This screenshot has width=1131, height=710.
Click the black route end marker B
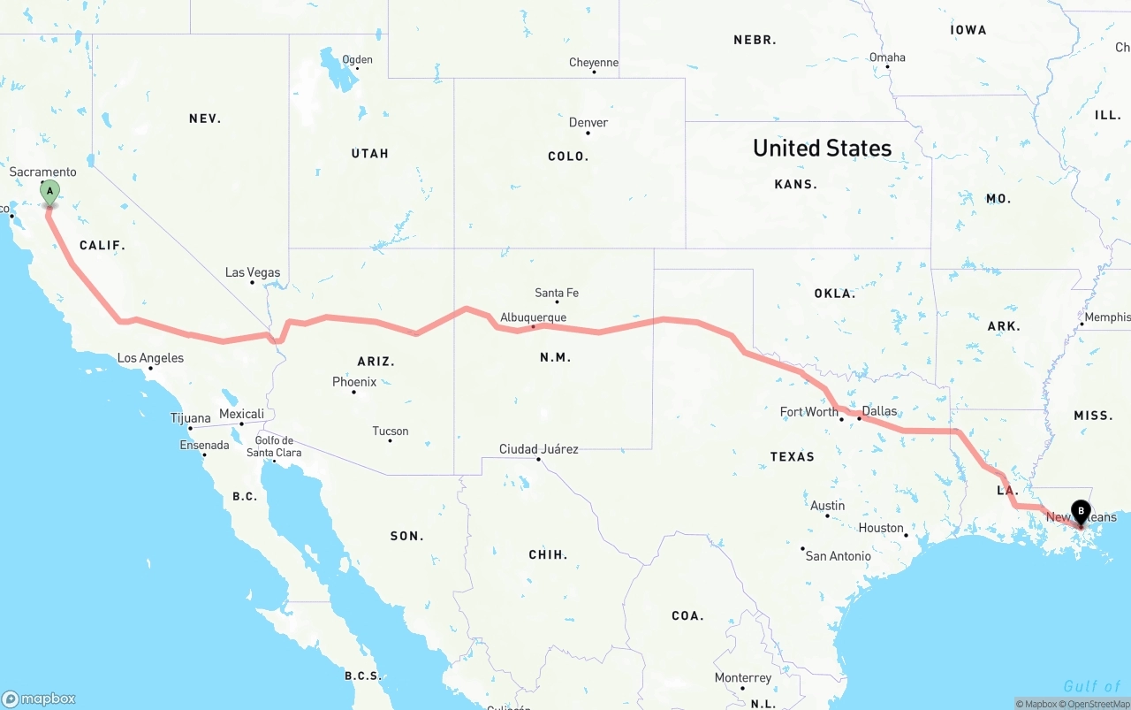point(1081,511)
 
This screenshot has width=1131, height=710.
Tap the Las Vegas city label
point(253,272)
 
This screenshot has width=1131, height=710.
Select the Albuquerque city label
point(533,317)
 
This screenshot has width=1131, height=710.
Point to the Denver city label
point(588,123)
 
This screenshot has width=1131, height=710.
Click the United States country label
point(822,149)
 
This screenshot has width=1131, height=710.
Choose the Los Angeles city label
point(151,358)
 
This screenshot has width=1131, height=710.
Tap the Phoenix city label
point(354,382)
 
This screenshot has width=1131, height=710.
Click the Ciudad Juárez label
point(539,449)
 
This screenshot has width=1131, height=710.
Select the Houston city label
point(881,528)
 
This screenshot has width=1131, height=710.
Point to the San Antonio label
point(838,556)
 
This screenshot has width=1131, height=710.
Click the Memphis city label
point(1106,317)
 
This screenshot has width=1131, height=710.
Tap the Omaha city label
point(887,57)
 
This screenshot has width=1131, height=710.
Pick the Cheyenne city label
point(594,63)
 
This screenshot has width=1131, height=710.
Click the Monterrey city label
point(743,678)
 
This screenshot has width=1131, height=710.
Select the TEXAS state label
point(793,457)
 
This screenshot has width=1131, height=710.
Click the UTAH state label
point(369,154)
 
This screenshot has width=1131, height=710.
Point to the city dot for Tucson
point(390,440)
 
